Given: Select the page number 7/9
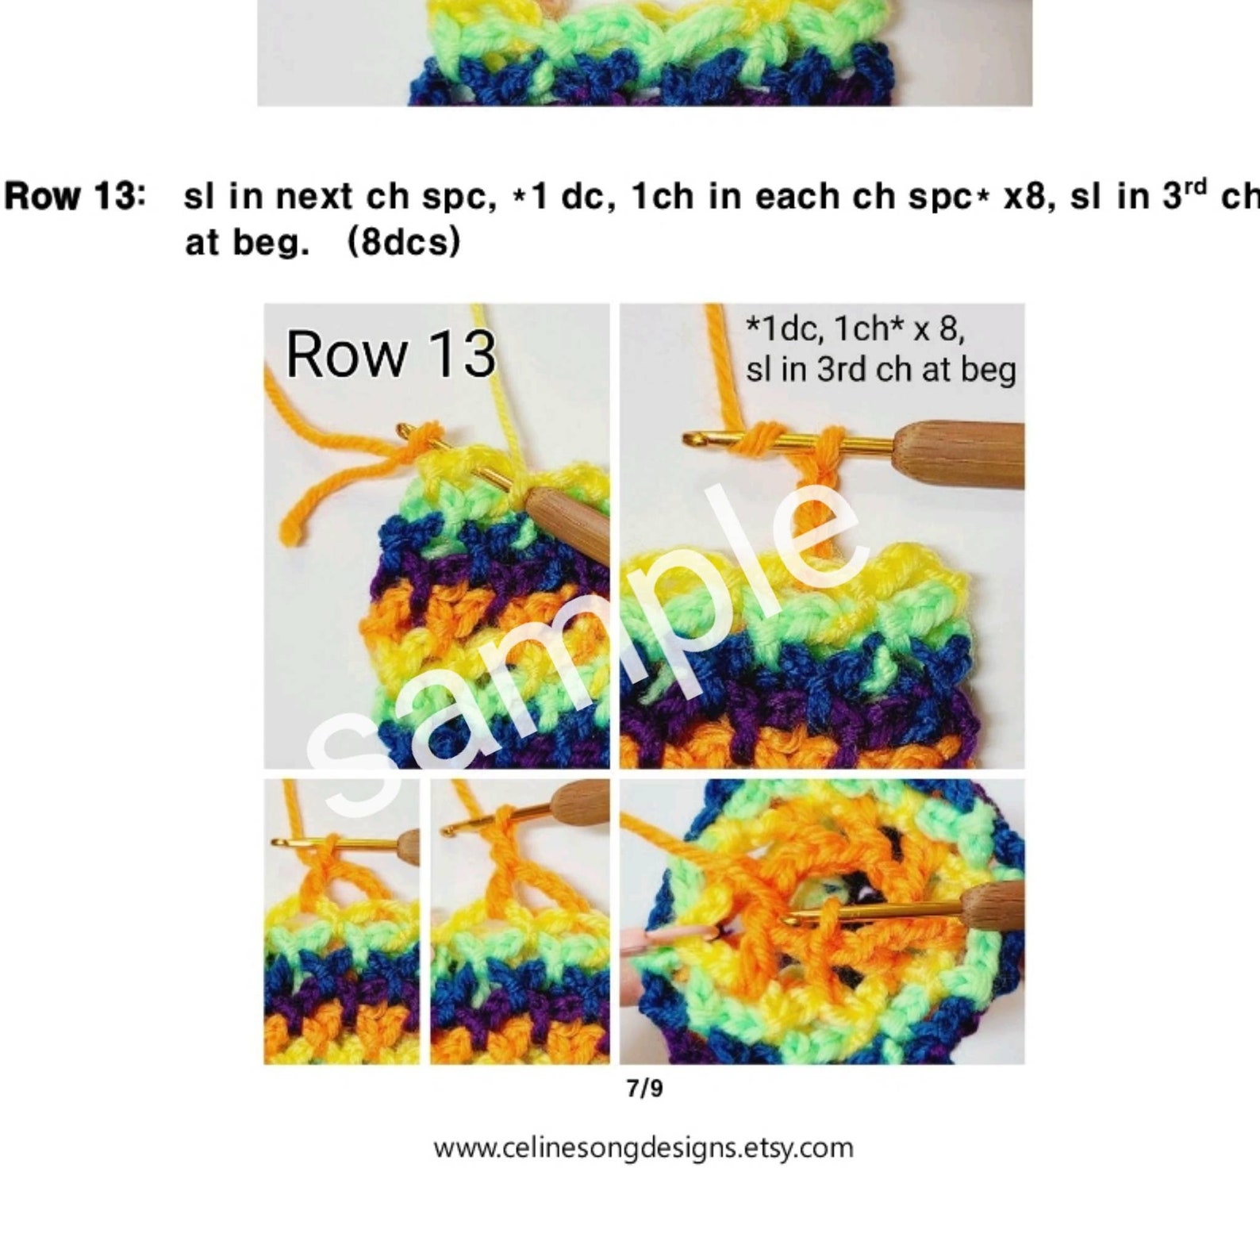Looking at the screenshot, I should [x=644, y=1088].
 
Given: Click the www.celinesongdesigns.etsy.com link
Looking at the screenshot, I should [x=643, y=1148].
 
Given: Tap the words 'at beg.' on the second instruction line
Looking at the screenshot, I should [x=246, y=241].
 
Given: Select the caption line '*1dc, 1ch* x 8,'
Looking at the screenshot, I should [x=855, y=328].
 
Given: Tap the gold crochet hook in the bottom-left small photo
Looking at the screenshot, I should [x=333, y=844].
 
